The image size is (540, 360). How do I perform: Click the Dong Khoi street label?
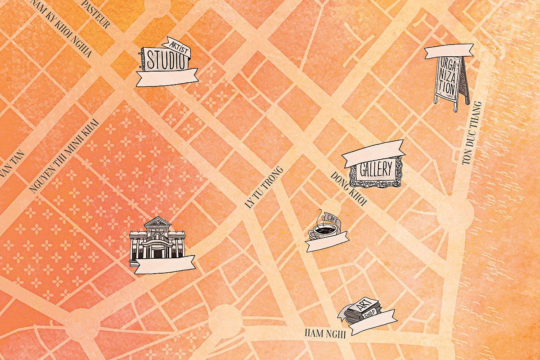[x=349, y=189]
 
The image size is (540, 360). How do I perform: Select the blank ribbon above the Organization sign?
[x=449, y=51]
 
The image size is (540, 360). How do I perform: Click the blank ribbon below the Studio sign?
[x=167, y=77]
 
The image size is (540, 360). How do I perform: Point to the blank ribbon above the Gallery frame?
[x=373, y=153]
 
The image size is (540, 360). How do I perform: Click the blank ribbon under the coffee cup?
[x=327, y=243]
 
